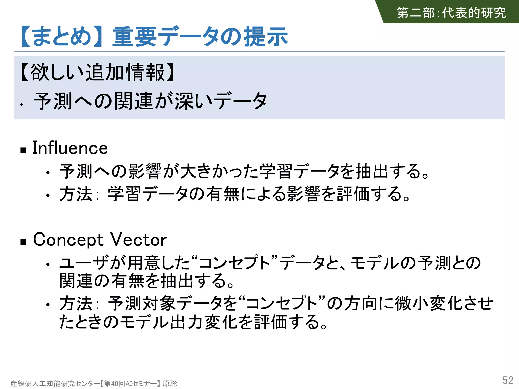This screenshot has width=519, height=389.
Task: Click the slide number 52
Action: pyautogui.click(x=508, y=380)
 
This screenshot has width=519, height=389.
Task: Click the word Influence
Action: pyautogui.click(x=70, y=148)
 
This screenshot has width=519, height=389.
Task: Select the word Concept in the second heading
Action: pyautogui.click(x=68, y=240)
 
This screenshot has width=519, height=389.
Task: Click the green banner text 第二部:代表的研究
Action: pyautogui.click(x=451, y=13)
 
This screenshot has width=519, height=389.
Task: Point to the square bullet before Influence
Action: pyautogui.click(x=24, y=150)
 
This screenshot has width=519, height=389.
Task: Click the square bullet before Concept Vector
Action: pyautogui.click(x=24, y=242)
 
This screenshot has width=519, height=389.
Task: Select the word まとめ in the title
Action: pyautogui.click(x=62, y=37)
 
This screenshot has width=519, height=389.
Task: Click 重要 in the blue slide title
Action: pyautogui.click(x=135, y=37)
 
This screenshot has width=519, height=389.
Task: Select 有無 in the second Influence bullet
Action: pyautogui.click(x=223, y=194)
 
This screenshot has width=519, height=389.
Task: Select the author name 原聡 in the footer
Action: pyautogui.click(x=170, y=383)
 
